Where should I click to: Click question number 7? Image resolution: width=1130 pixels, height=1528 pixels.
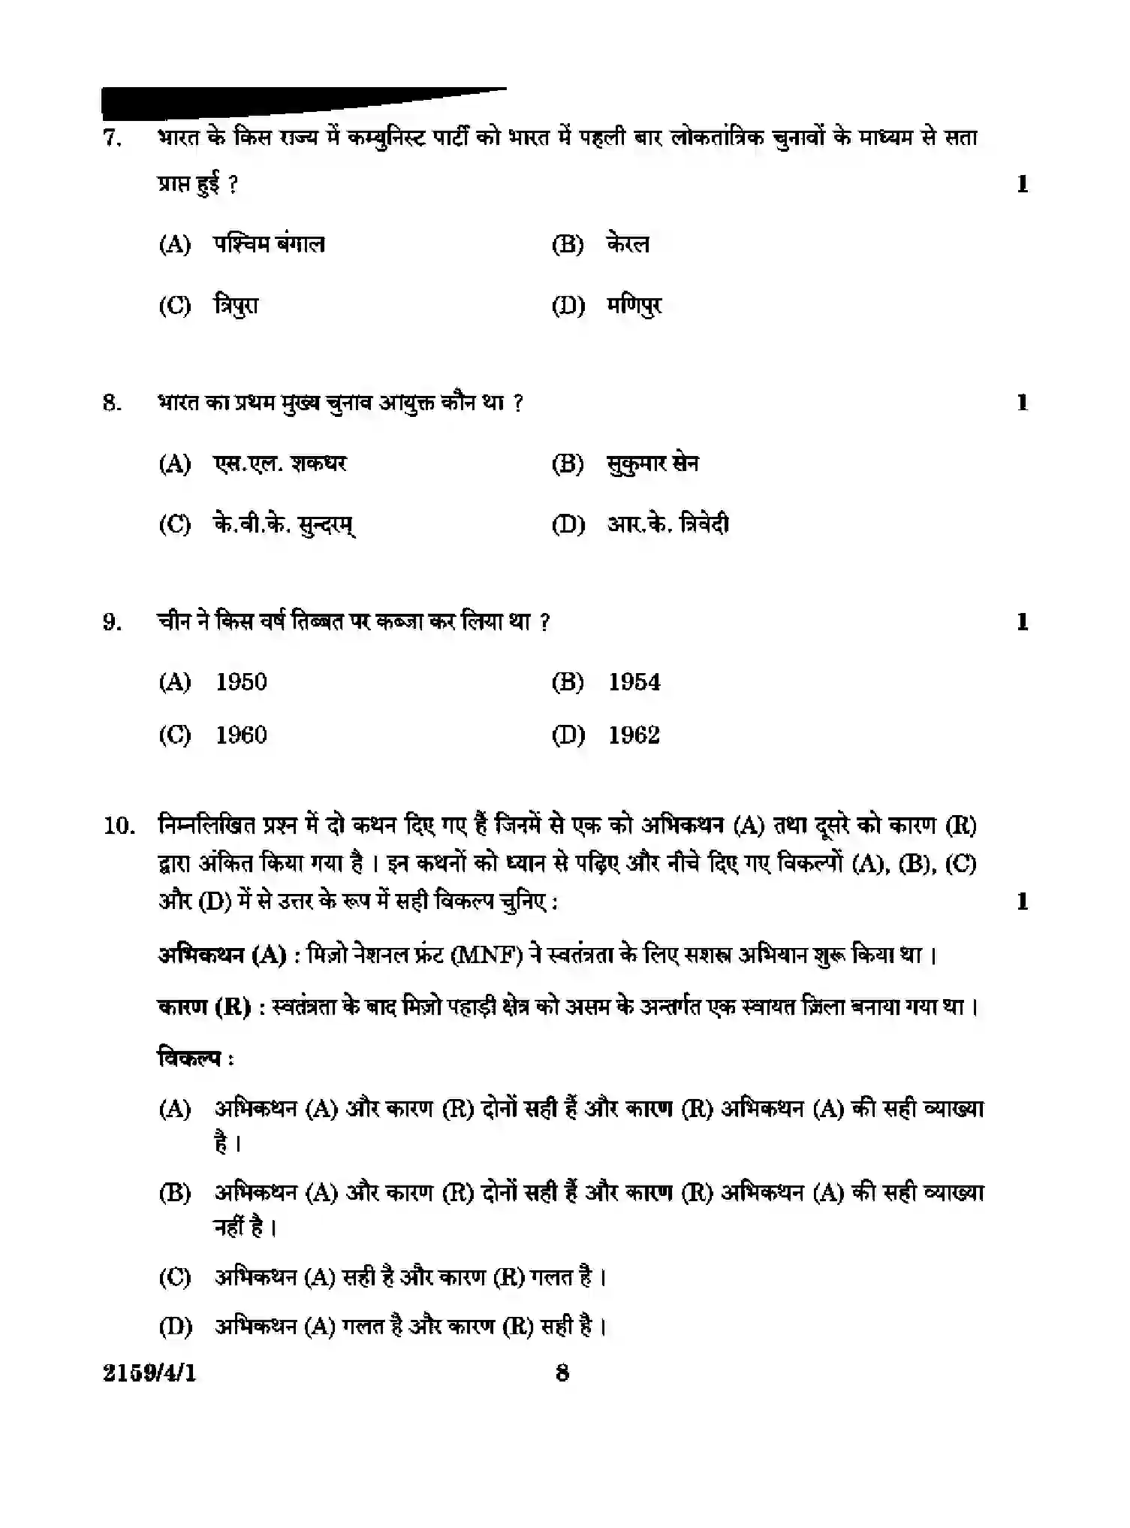pos(112,139)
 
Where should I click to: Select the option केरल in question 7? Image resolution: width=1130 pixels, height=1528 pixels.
pos(628,244)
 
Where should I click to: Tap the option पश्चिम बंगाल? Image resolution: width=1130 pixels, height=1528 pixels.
pos(269,244)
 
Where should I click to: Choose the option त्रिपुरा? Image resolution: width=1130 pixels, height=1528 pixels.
pos(237,306)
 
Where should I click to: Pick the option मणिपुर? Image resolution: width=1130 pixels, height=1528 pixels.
pos(634,306)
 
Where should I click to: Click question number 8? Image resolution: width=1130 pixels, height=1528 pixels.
pos(112,403)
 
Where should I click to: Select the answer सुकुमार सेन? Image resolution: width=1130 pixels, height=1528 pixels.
pos(652,464)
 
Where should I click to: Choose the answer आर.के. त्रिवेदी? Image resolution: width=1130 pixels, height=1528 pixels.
pos(667,524)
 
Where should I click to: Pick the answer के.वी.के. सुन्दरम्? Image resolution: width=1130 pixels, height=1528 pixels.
pos(285,524)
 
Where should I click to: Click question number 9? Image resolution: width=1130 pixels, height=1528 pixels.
pos(112,622)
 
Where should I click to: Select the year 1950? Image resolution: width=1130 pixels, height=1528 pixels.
pos(241,682)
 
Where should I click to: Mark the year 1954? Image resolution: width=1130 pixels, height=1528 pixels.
pos(634,682)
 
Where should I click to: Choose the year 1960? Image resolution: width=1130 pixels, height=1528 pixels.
pos(241,735)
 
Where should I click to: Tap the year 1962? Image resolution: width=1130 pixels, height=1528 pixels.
pos(634,735)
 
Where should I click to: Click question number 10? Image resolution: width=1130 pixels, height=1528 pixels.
pos(119,826)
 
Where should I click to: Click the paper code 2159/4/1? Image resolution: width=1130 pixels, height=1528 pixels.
pos(149,1373)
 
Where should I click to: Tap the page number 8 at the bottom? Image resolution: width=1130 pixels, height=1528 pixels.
pos(562,1373)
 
